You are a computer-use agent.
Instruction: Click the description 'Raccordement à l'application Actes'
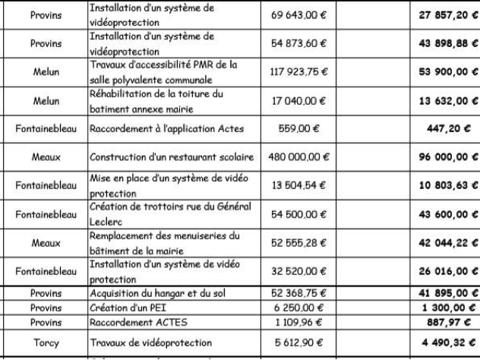pos(168,129)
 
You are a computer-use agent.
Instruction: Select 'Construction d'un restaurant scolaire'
pos(173,156)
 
